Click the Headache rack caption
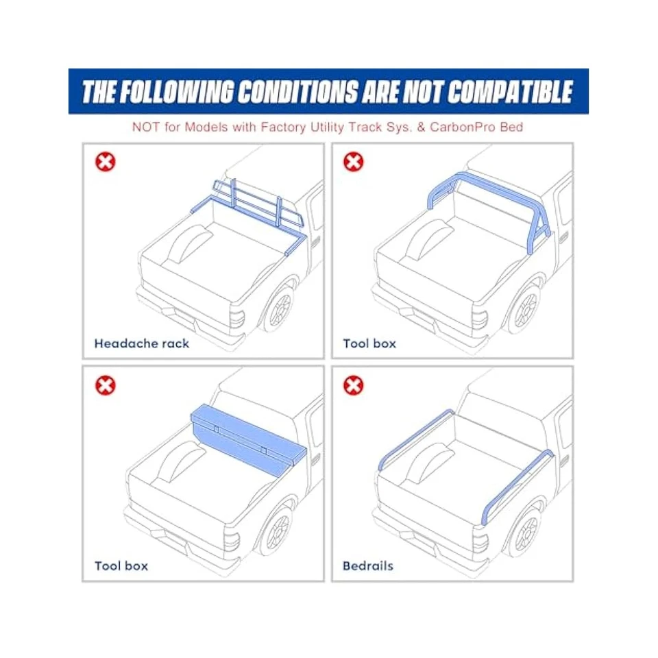point(141,343)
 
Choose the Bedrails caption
point(368,566)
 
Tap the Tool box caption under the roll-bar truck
point(369,343)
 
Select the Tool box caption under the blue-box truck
point(121,566)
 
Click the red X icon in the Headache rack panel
point(106,162)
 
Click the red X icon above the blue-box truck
point(106,385)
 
